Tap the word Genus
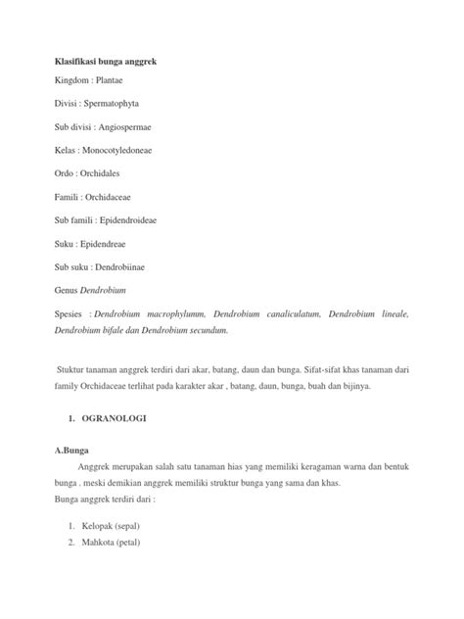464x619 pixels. [68, 316]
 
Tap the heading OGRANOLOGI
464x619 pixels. [114, 421]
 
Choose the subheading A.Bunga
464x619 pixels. [74, 452]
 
